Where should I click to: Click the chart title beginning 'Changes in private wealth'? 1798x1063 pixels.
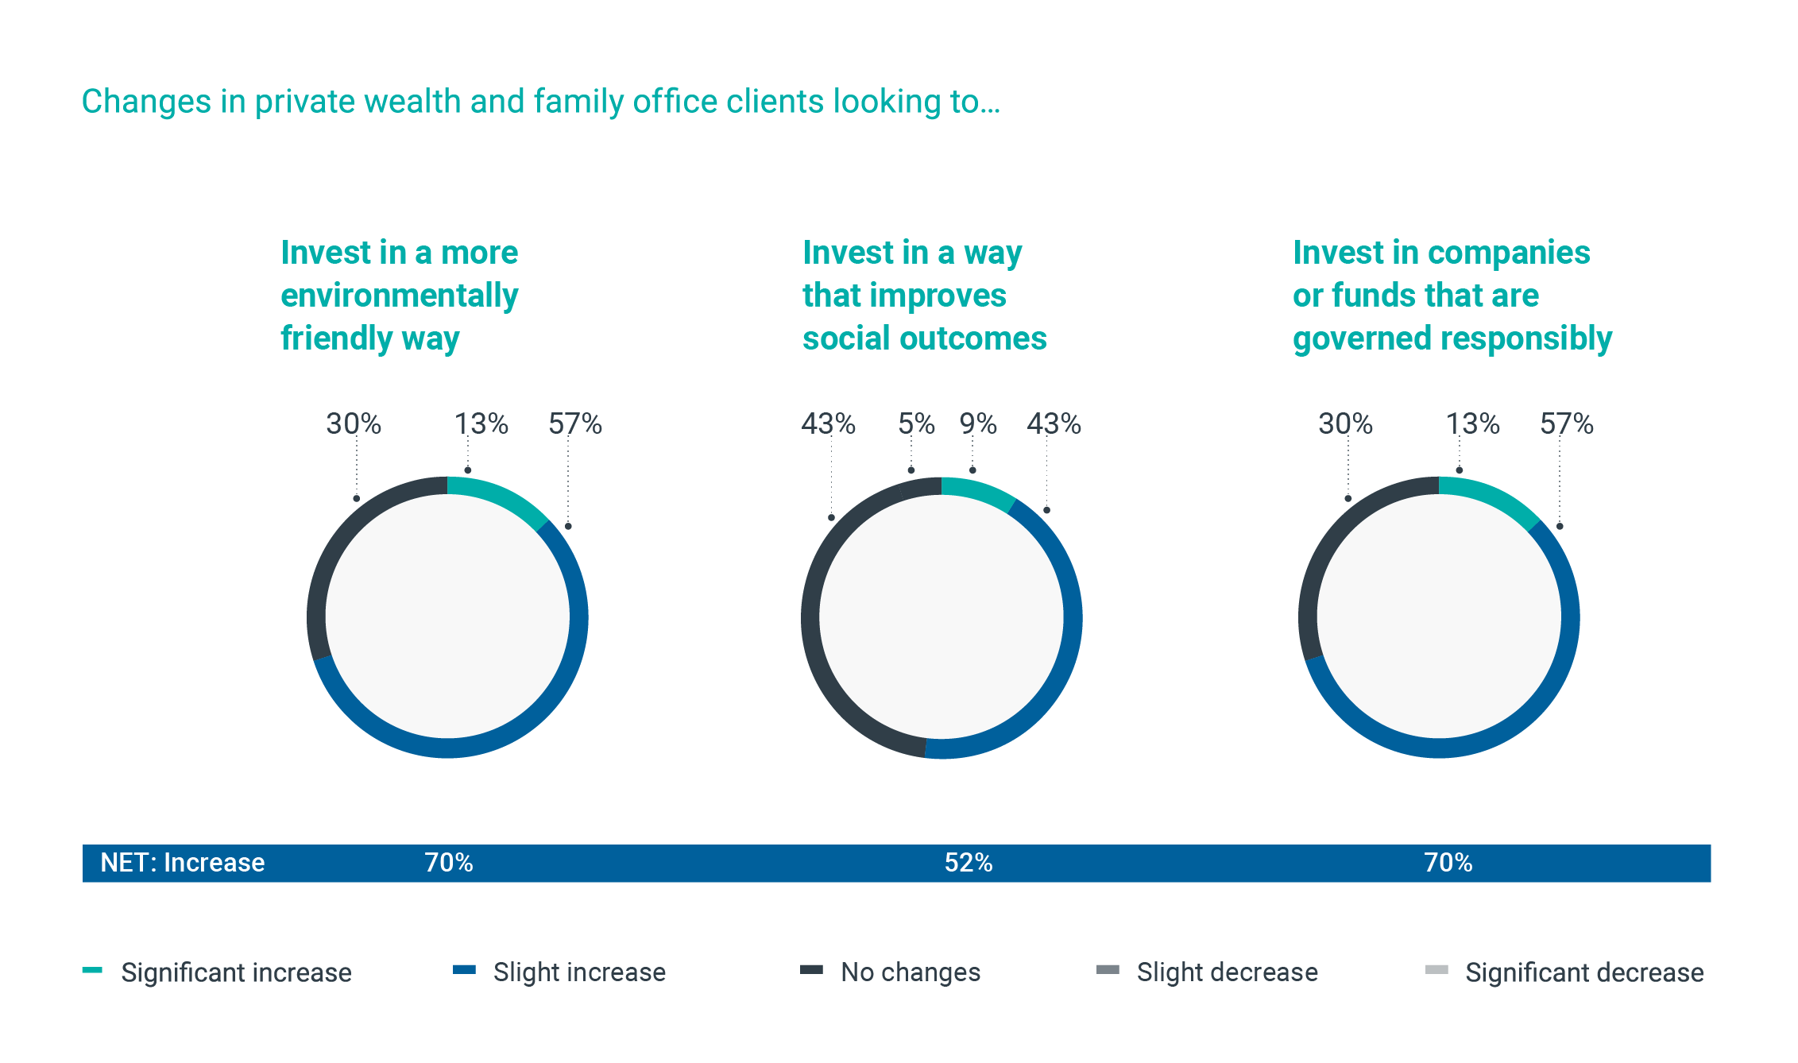(540, 102)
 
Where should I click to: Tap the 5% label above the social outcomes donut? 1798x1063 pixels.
(916, 423)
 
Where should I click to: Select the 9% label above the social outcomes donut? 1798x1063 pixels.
(977, 423)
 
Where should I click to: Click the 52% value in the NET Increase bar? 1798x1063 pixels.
(968, 863)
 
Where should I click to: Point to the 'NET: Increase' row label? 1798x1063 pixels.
(182, 863)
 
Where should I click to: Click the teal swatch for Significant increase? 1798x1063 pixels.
(92, 970)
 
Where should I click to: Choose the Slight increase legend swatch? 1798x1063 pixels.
(464, 970)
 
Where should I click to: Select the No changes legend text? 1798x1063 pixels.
(911, 972)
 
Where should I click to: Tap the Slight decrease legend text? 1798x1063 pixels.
(1227, 972)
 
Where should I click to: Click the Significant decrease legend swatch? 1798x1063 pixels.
(1436, 970)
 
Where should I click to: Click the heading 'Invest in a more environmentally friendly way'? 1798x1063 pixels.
(399, 296)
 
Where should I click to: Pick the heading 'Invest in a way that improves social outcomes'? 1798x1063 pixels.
(924, 296)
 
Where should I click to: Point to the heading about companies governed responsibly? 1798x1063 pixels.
(1452, 296)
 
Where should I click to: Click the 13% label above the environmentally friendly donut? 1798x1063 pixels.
(481, 423)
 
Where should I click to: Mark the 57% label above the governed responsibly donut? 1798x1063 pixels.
(1566, 423)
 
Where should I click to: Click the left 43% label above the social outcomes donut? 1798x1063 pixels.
(828, 423)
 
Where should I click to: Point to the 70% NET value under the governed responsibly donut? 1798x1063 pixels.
(1448, 863)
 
